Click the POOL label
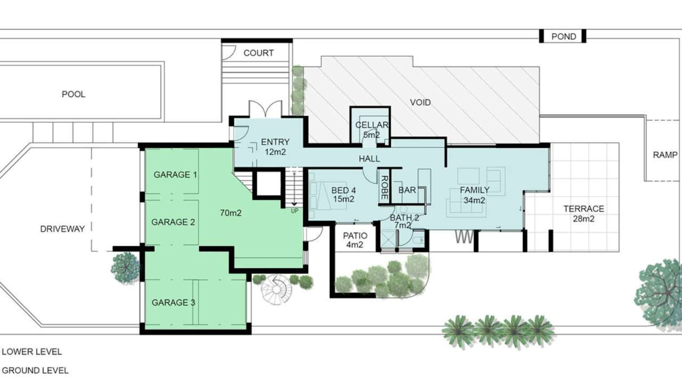[74, 94]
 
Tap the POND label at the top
[563, 37]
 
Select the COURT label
[258, 53]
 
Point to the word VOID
[420, 102]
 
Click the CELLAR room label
[371, 126]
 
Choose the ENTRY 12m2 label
[275, 146]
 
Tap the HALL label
[369, 159]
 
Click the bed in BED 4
[320, 194]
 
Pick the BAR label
[407, 190]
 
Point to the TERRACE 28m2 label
[583, 213]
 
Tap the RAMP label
[664, 155]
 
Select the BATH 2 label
[404, 222]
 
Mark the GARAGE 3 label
[173, 303]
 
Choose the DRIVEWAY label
[62, 229]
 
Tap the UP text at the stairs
[294, 211]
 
